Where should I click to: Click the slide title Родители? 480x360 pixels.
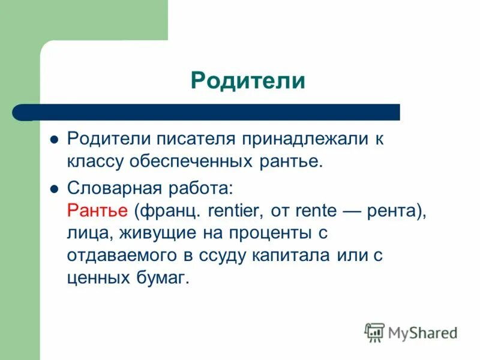[x=248, y=80]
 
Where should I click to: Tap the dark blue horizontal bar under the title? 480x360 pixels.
[x=207, y=112]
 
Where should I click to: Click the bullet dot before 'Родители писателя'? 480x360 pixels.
[x=53, y=139]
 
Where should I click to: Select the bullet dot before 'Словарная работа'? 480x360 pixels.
[x=53, y=188]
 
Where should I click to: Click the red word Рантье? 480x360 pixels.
[x=97, y=211]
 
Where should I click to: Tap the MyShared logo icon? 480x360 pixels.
[x=374, y=332]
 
